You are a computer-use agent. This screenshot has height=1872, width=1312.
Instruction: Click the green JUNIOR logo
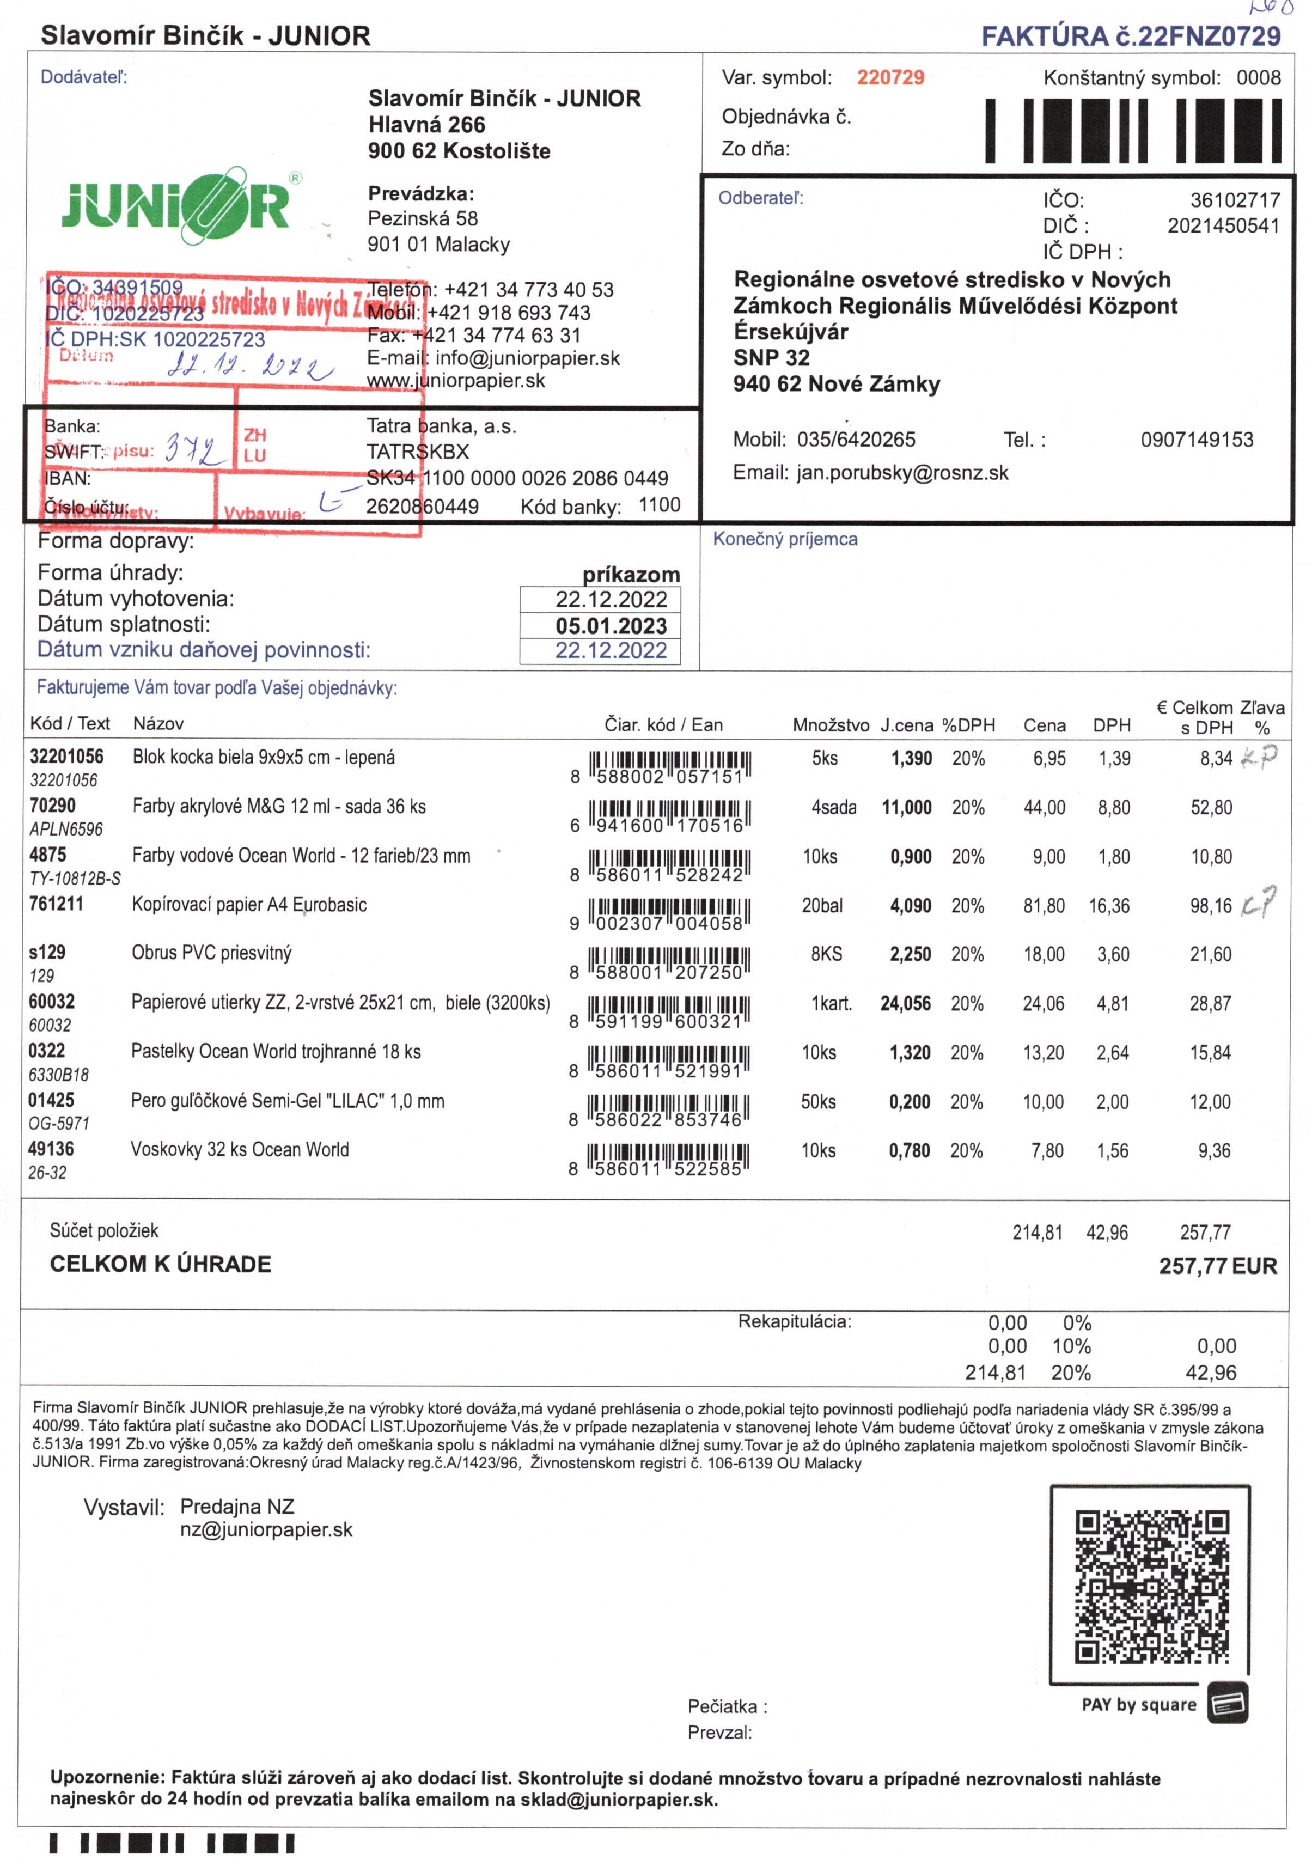(x=175, y=206)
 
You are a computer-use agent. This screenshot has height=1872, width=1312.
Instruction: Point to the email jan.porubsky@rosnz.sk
(x=902, y=473)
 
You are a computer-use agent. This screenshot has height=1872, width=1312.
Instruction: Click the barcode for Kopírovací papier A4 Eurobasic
(x=669, y=913)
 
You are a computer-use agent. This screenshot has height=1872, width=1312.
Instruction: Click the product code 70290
(x=52, y=806)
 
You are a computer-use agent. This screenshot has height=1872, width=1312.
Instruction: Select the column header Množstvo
(x=830, y=725)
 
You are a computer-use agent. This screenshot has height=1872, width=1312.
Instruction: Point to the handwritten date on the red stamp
(x=249, y=366)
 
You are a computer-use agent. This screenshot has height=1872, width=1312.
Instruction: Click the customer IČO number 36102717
(x=1235, y=200)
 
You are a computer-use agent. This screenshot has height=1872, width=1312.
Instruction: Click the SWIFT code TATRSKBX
(x=418, y=452)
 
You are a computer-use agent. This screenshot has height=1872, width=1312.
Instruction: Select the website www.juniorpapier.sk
(x=456, y=381)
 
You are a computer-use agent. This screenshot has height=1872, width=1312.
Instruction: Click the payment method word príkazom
(x=630, y=574)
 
